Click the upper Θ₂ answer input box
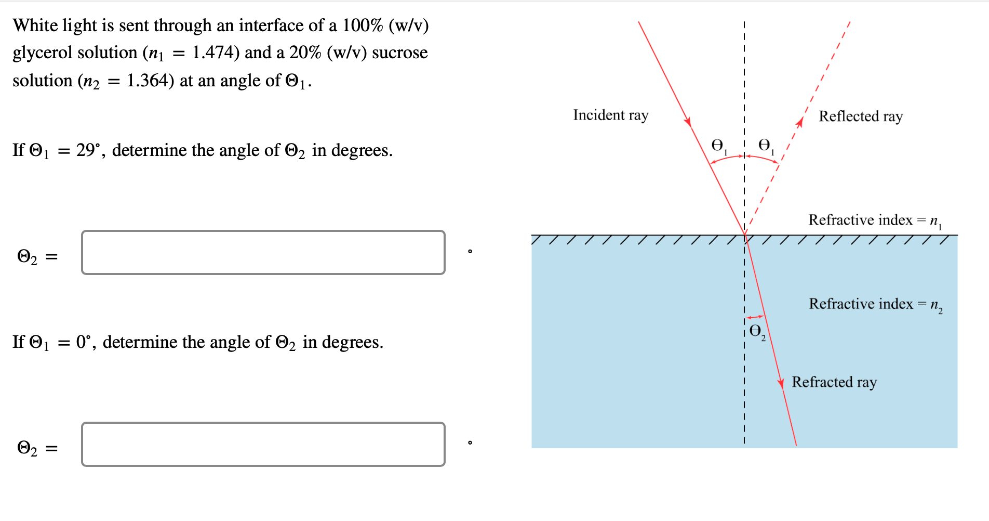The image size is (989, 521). click(x=263, y=253)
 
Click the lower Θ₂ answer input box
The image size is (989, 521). click(x=263, y=445)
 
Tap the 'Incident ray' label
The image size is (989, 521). click(x=611, y=115)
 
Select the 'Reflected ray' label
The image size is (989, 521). click(x=861, y=116)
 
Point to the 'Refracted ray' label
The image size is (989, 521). click(x=834, y=382)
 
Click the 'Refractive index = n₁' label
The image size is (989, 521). click(x=875, y=220)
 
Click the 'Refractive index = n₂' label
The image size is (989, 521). click(x=875, y=304)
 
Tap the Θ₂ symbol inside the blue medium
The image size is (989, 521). click(x=757, y=332)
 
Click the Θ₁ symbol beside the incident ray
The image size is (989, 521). click(x=718, y=146)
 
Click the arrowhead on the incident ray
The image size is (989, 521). click(x=688, y=122)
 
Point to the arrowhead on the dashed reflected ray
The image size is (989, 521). click(x=800, y=122)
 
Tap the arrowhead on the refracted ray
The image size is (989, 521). click(x=781, y=383)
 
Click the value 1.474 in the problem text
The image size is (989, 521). click(x=212, y=53)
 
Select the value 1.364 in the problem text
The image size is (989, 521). click(x=147, y=81)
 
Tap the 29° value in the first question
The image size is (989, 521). click(x=87, y=150)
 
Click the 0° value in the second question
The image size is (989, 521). click(x=83, y=342)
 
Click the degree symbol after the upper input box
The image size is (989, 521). click(x=470, y=252)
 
